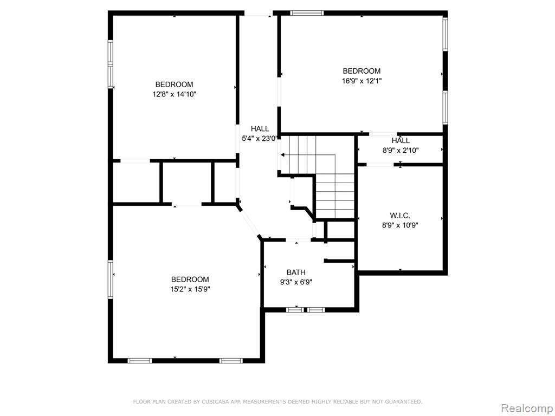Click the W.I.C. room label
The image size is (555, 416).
[x=400, y=216]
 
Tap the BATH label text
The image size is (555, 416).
[x=296, y=272]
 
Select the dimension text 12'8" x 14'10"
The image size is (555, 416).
[x=175, y=94]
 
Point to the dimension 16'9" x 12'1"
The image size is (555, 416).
[x=362, y=81]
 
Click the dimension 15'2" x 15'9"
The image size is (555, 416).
[x=190, y=289]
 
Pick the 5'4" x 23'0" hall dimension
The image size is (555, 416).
[x=259, y=139]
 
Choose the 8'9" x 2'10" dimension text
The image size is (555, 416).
[x=401, y=151]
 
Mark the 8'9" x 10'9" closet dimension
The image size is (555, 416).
[x=400, y=225]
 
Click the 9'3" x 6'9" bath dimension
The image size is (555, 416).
[x=296, y=282]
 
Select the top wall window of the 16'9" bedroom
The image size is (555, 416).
[x=307, y=13]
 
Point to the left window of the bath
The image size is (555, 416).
[x=295, y=310]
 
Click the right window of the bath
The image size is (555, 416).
[x=316, y=310]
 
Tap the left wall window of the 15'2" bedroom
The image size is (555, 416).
[x=111, y=279]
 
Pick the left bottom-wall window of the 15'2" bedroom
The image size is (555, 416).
[x=139, y=361]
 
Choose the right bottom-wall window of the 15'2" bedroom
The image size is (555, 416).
[x=231, y=361]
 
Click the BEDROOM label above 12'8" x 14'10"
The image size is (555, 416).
[x=174, y=84]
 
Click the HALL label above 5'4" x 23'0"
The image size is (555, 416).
[x=260, y=129]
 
